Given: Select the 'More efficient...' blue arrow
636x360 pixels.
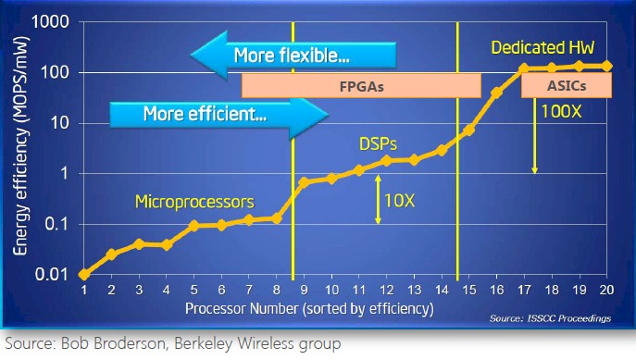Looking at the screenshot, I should [x=218, y=115].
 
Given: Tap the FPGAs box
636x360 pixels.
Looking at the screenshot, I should [x=361, y=86].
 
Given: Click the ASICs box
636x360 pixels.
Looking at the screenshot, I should [x=567, y=86].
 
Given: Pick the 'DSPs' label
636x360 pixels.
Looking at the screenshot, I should [x=378, y=145].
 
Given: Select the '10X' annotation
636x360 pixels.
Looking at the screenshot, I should [x=405, y=199].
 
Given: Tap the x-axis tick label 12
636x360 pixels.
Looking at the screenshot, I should [x=386, y=290].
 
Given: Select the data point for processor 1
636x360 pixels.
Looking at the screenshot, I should [x=83, y=274].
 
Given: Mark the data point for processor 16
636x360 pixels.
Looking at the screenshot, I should [x=496, y=93].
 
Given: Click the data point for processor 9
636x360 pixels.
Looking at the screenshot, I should [x=304, y=182].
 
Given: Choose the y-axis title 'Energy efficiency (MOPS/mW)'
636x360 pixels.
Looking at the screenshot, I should [x=19, y=148].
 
